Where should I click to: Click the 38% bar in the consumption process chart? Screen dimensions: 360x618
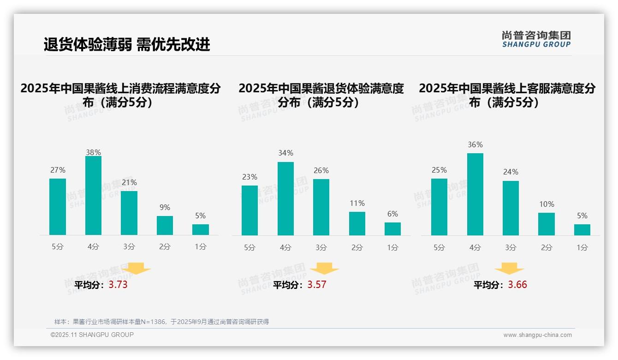tap(93, 196)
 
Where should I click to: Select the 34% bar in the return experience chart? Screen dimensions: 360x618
tap(285, 198)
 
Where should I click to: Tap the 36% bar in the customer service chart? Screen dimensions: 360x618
tap(475, 194)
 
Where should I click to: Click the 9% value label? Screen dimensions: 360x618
tap(165, 208)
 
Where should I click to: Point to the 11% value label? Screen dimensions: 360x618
tap(357, 204)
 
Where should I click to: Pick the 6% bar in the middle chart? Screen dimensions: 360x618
tap(392, 229)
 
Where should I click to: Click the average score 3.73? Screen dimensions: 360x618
tap(118, 285)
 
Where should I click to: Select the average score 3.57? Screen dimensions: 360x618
tap(317, 285)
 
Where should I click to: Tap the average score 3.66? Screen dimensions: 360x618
tap(517, 285)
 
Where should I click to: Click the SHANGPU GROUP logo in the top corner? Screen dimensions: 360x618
tap(536, 39)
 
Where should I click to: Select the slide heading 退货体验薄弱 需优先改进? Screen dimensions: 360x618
tap(127, 44)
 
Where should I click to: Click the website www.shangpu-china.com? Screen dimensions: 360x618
tap(537, 335)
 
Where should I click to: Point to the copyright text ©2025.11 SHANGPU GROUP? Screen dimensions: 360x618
tap(92, 335)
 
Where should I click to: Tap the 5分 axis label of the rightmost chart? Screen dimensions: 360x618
tap(439, 248)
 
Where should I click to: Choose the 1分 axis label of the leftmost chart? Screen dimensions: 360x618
tap(201, 247)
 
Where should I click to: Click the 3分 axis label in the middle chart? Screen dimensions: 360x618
tap(321, 248)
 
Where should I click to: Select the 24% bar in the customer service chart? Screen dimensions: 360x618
tap(511, 208)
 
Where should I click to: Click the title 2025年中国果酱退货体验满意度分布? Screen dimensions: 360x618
tap(321, 95)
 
